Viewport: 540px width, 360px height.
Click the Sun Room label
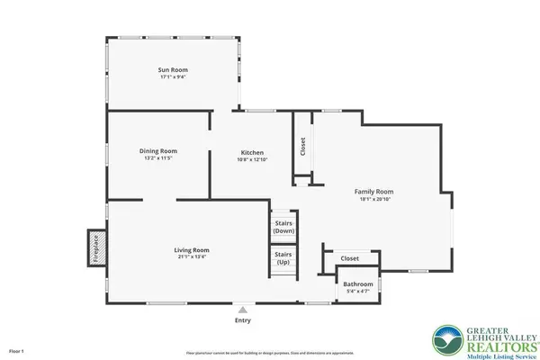coord(173,69)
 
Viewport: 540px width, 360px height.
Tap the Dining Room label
coord(157,150)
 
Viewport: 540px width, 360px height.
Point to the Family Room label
coord(373,191)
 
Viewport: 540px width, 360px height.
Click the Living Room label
coord(192,249)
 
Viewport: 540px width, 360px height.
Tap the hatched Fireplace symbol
coord(93,248)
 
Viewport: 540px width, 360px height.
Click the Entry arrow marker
coord(242,310)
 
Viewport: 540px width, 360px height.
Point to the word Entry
coord(242,320)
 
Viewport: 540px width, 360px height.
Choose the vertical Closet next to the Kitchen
coord(302,146)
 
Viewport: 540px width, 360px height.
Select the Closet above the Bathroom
coord(349,258)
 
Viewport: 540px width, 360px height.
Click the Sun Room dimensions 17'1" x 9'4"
coord(173,77)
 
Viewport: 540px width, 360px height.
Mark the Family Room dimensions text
coord(373,199)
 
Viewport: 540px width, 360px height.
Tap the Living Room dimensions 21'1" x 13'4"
coord(192,257)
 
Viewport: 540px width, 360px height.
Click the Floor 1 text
coord(16,349)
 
